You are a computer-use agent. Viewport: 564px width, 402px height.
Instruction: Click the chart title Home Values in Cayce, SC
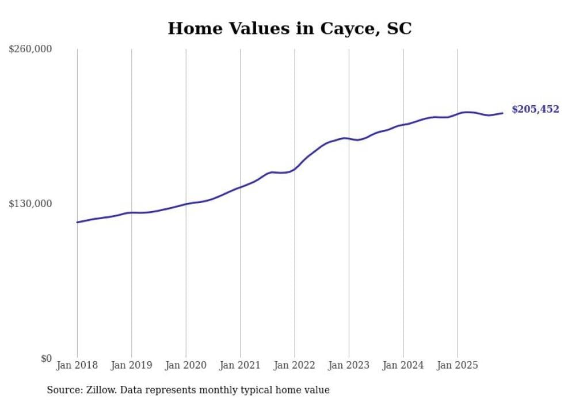pyautogui.click(x=289, y=28)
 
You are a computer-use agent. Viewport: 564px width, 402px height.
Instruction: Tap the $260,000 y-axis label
pyautogui.click(x=31, y=49)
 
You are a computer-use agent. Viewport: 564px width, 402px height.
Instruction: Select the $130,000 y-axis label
pyautogui.click(x=31, y=204)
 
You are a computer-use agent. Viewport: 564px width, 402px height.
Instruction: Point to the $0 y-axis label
pyautogui.click(x=46, y=358)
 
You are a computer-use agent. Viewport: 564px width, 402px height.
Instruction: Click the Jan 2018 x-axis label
pyautogui.click(x=77, y=365)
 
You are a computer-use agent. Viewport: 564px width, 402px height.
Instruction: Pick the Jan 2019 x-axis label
pyautogui.click(x=132, y=365)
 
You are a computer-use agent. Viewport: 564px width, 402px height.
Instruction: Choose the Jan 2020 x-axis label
pyautogui.click(x=186, y=365)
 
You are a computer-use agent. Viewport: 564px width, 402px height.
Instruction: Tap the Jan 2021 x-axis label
pyautogui.click(x=240, y=365)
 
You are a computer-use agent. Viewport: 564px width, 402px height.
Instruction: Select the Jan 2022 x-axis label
pyautogui.click(x=295, y=365)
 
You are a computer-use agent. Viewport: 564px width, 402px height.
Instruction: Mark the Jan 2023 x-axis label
pyautogui.click(x=349, y=365)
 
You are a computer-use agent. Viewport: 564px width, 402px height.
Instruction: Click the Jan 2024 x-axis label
pyautogui.click(x=403, y=365)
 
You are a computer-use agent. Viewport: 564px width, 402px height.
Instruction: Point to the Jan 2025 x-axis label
pyautogui.click(x=458, y=365)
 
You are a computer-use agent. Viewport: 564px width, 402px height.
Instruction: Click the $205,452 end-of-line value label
pyautogui.click(x=535, y=109)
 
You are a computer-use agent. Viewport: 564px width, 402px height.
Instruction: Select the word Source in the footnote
pyautogui.click(x=63, y=390)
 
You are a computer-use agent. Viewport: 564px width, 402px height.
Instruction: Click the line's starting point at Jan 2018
pyautogui.click(x=77, y=222)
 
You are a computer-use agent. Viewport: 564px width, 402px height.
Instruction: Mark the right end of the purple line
pyautogui.click(x=502, y=113)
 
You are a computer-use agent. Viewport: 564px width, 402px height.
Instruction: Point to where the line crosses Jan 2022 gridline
pyautogui.click(x=295, y=169)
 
